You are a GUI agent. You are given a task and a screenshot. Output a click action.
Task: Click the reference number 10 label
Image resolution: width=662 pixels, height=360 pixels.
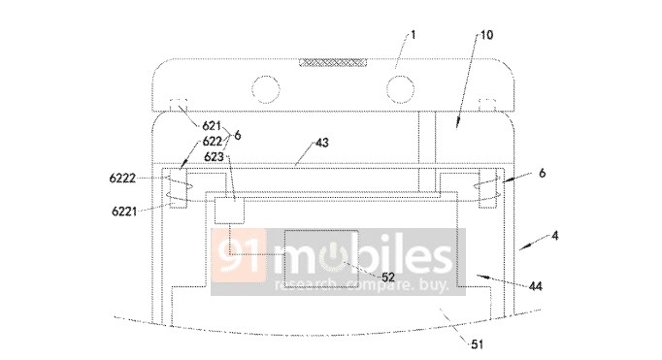tap(486, 35)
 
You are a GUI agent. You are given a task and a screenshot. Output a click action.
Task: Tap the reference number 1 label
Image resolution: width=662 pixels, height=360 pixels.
tap(413, 34)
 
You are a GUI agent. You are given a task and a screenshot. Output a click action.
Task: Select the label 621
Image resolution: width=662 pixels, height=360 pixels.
tap(212, 125)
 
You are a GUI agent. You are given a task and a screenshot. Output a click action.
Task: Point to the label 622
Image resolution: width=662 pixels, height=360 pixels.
tap(213, 141)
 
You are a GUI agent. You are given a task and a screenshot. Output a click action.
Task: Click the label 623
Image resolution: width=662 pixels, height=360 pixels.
tap(214, 156)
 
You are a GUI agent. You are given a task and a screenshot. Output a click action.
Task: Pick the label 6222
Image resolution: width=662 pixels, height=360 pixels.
tap(122, 179)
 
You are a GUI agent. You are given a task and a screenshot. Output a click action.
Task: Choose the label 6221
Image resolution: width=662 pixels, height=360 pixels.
tap(124, 211)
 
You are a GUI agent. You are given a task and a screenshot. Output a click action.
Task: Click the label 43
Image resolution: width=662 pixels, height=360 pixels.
tap(321, 143)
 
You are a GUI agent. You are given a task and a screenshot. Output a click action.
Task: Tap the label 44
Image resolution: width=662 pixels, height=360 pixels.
tap(536, 286)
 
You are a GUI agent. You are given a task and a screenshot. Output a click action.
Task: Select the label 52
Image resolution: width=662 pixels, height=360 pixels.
tap(388, 277)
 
